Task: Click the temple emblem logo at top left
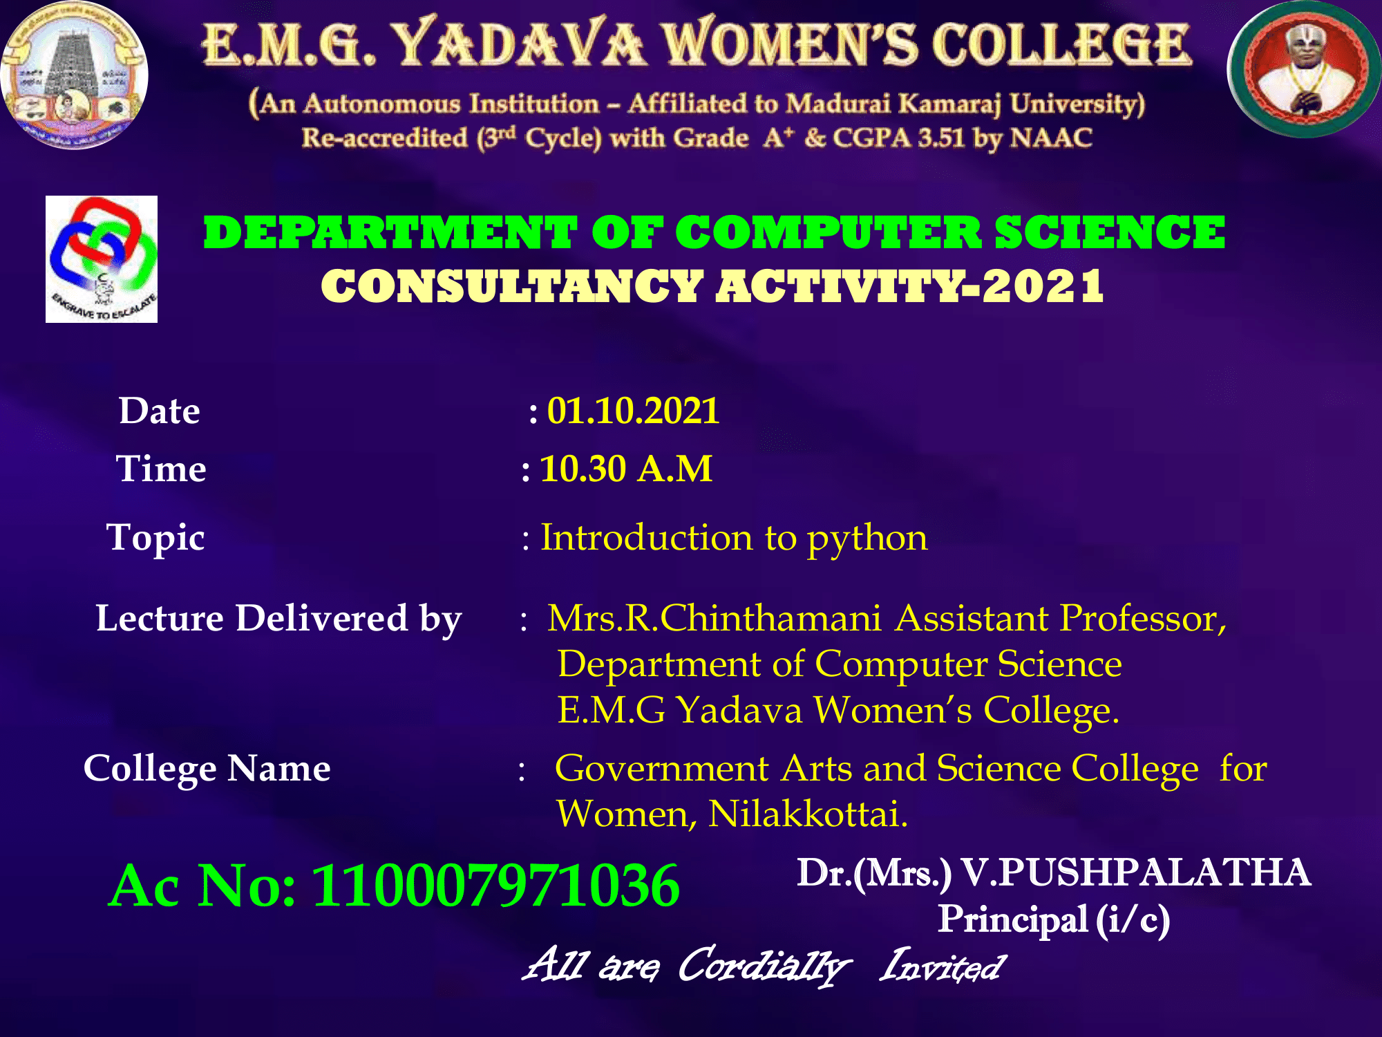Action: [x=74, y=75]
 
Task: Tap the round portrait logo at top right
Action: [x=1305, y=69]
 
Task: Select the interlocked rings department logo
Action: [x=102, y=259]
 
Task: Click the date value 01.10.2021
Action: [x=633, y=411]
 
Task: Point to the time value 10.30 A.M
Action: [x=625, y=469]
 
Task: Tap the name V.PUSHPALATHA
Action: [x=1136, y=872]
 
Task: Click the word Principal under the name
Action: [x=1013, y=919]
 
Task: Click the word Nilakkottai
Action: [x=808, y=814]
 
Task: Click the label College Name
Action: [x=207, y=769]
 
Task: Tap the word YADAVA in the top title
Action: [x=519, y=44]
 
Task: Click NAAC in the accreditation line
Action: [x=1051, y=138]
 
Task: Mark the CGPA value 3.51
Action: [x=941, y=138]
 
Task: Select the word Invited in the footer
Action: [x=942, y=966]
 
